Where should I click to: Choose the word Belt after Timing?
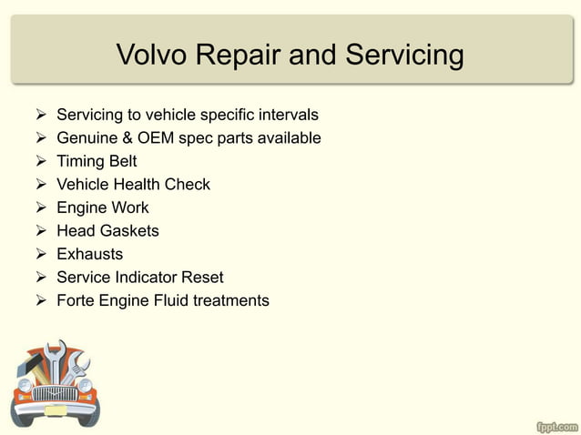coord(121,162)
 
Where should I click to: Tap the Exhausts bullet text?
coord(89,254)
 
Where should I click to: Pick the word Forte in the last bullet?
coord(76,300)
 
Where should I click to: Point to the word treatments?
coord(231,300)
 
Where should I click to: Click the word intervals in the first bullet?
coord(289,116)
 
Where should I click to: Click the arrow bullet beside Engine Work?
coord(41,207)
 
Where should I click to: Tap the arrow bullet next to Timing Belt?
coord(41,162)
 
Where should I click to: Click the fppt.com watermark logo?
coord(556,425)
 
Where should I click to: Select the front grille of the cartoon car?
coord(56,394)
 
